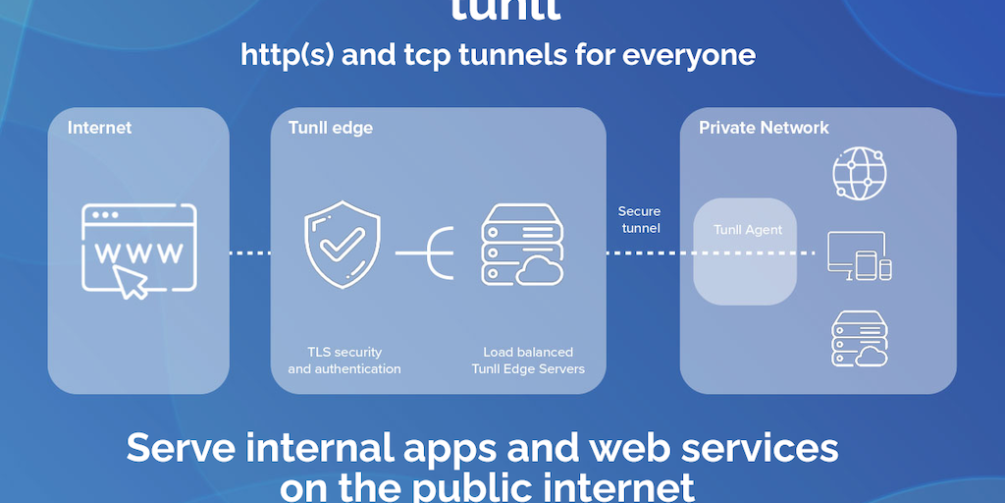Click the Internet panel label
(99, 128)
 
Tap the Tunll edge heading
(330, 128)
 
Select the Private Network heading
(764, 128)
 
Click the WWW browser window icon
(138, 249)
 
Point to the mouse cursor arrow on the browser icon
(135, 282)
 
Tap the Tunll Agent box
(748, 251)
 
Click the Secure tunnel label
(639, 219)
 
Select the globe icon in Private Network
(859, 174)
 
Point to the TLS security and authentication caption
(344, 361)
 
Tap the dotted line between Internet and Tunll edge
(249, 253)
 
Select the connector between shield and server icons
(425, 253)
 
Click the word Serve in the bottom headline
(187, 448)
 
